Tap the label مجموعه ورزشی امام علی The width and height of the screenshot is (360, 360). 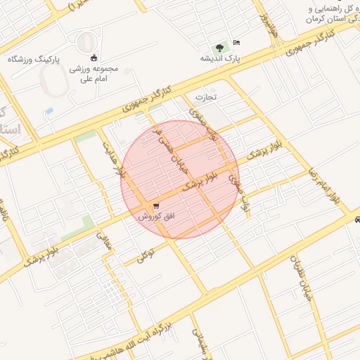tap(94, 75)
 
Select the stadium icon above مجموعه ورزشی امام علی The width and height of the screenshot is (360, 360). tap(95, 58)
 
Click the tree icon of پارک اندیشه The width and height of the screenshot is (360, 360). tap(221, 46)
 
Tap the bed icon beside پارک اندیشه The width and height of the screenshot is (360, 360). tap(236, 43)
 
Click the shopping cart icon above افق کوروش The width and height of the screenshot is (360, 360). tap(155, 206)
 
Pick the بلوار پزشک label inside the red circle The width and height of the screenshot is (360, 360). tap(201, 181)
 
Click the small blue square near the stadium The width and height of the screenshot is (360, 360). tap(49, 111)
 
